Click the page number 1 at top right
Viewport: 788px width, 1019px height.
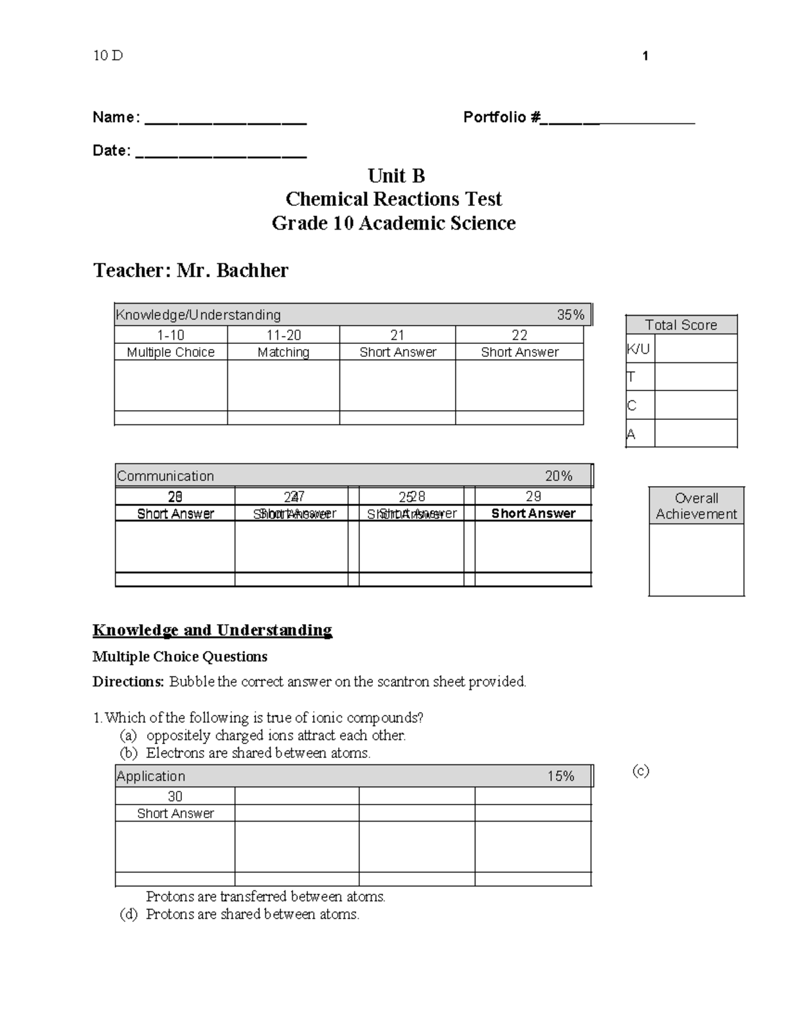[646, 56]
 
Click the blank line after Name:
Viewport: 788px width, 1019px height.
[225, 122]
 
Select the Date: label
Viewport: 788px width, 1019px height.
[112, 151]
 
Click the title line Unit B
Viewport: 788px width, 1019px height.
[396, 176]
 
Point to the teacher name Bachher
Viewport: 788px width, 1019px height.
[252, 270]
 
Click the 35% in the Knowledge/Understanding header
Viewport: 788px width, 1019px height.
[570, 315]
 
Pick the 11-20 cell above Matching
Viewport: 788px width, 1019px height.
[283, 335]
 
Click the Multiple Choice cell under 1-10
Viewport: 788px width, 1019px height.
[171, 352]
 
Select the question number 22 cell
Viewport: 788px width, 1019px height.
[519, 335]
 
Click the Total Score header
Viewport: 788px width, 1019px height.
[681, 325]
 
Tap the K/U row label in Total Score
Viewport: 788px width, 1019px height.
[638, 349]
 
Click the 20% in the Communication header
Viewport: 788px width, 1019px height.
[558, 476]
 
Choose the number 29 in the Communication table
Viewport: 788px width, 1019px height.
[533, 497]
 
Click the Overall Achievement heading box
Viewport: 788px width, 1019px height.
[696, 506]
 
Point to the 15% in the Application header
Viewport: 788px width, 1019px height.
[561, 776]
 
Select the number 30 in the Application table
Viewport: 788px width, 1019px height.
[175, 797]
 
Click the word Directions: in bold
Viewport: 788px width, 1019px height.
[128, 682]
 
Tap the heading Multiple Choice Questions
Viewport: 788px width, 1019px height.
[180, 657]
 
